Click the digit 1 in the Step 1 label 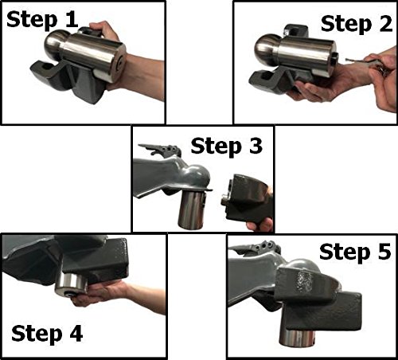[x=72, y=19]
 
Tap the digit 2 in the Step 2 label [x=385, y=23]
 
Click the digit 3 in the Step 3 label [x=256, y=146]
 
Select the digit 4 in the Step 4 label [x=76, y=333]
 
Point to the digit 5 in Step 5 [x=384, y=252]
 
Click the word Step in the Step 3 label [x=217, y=147]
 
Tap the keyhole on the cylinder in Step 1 [x=121, y=62]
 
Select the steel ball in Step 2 [x=266, y=49]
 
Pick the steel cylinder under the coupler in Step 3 [x=192, y=209]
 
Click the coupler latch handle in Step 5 [x=255, y=248]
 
